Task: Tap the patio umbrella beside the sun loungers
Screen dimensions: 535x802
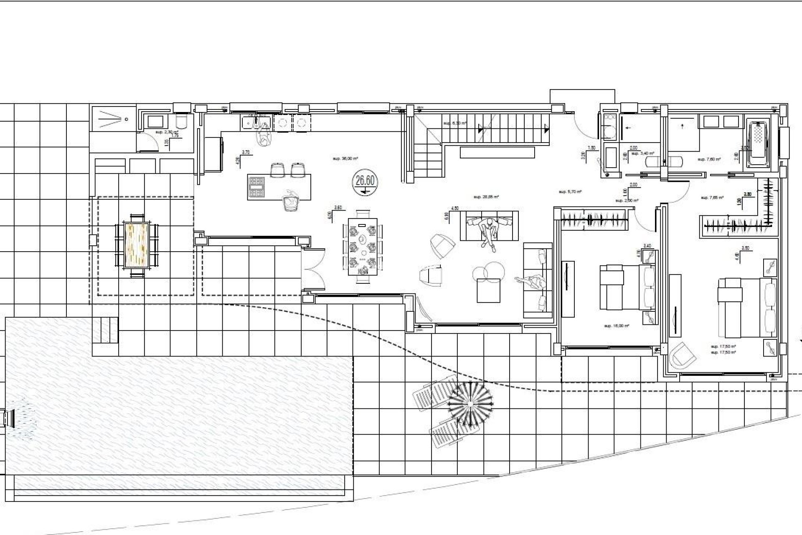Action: coord(470,404)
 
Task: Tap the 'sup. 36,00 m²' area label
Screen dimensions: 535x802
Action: coord(345,158)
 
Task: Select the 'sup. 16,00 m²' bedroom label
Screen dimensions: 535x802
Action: coord(617,326)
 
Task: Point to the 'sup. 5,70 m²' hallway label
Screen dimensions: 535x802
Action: coord(570,192)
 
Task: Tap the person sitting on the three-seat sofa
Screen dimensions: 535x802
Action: coord(489,232)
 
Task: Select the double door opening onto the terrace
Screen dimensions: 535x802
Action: coord(313,269)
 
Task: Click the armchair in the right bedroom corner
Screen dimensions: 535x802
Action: coord(682,356)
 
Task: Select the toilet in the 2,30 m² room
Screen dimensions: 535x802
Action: coord(182,121)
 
